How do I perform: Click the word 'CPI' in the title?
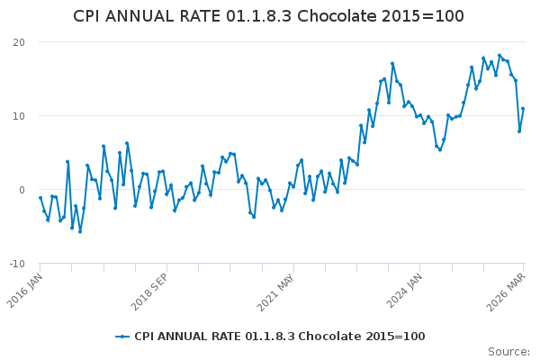[88, 16]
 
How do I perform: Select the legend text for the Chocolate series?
[279, 337]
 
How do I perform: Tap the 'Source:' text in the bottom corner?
[508, 352]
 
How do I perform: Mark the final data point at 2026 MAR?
[523, 109]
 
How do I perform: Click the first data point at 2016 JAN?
[40, 197]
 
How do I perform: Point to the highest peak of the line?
[499, 55]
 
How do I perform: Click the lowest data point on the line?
[79, 231]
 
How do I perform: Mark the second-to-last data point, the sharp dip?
[519, 131]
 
